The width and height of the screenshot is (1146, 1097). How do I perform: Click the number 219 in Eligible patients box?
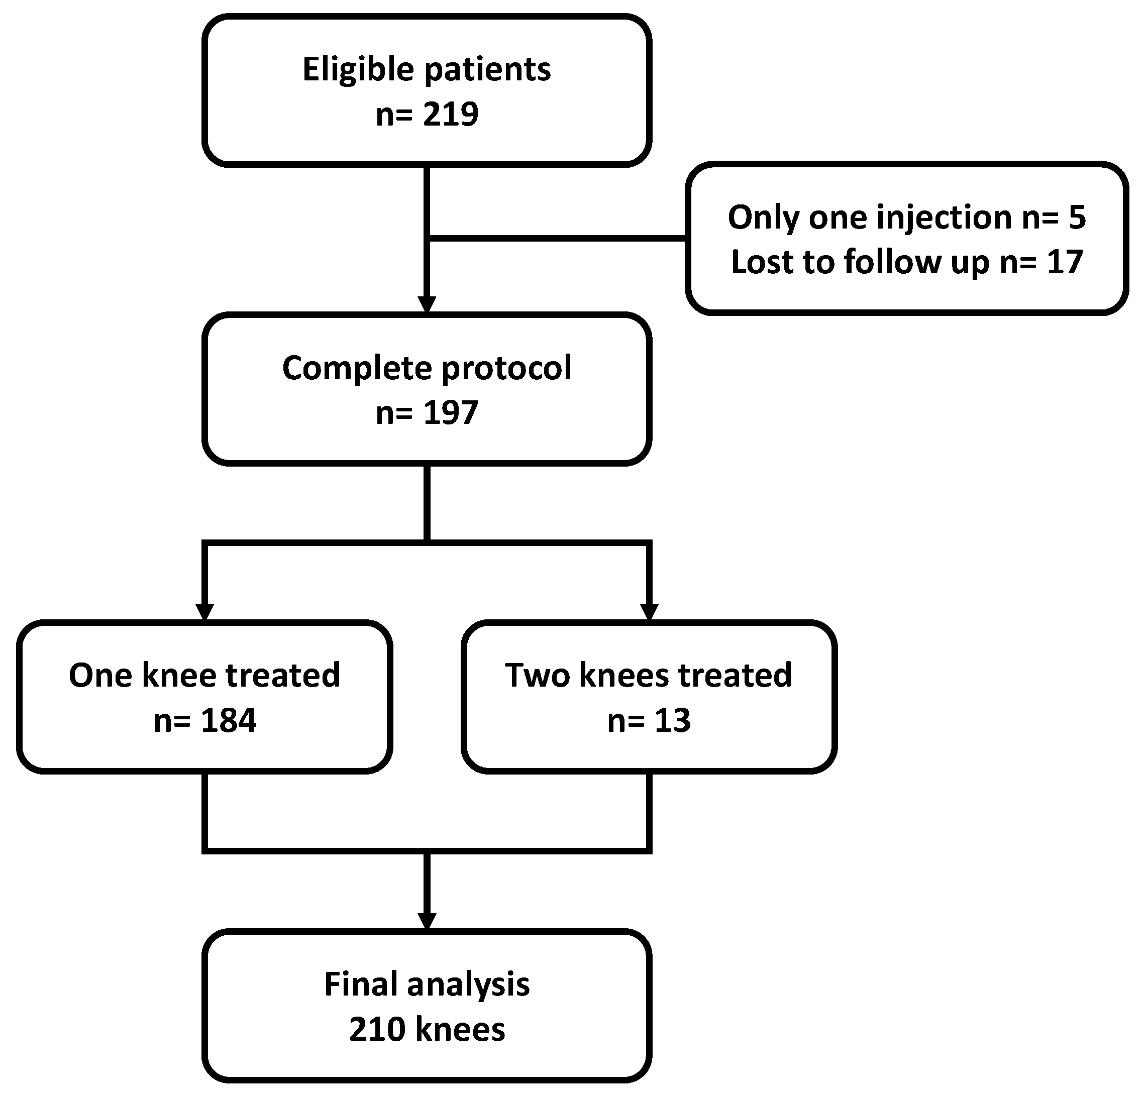[450, 114]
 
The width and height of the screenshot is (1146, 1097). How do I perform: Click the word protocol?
[506, 368]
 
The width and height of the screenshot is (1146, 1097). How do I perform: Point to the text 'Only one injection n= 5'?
[906, 217]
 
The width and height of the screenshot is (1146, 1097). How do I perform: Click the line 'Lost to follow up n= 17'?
[906, 262]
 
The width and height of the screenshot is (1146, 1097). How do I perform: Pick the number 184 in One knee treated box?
[228, 720]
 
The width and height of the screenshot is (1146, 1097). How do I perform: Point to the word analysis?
[468, 985]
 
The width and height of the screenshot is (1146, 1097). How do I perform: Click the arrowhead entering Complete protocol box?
[427, 305]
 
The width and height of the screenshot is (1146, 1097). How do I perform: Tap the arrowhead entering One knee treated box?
[204, 611]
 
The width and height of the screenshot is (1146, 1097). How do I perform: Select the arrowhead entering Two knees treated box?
[649, 611]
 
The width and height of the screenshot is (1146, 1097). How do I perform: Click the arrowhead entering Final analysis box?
[427, 921]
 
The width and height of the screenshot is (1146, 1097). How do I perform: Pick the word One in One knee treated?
[100, 675]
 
